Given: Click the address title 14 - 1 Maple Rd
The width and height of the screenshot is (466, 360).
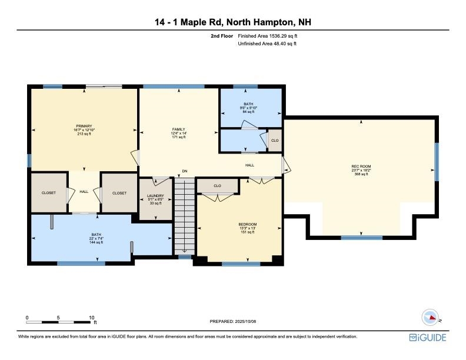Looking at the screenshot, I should coord(232,22).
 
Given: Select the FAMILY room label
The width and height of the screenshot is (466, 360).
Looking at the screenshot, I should coord(178,133).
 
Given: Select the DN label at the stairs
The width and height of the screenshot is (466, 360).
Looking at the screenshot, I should coord(184,171).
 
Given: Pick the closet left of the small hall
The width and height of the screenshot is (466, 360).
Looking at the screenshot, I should coord(48,193).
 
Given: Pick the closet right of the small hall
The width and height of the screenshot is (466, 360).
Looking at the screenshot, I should coord(119,193).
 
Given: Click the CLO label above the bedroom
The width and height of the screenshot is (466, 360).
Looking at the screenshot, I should coord(217,186).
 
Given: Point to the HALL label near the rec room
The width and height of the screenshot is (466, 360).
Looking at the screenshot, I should coord(249,165).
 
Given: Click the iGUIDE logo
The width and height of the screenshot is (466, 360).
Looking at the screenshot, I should coord(428,338).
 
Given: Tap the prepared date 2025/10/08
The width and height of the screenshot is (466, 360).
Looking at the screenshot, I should coord(233,321).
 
